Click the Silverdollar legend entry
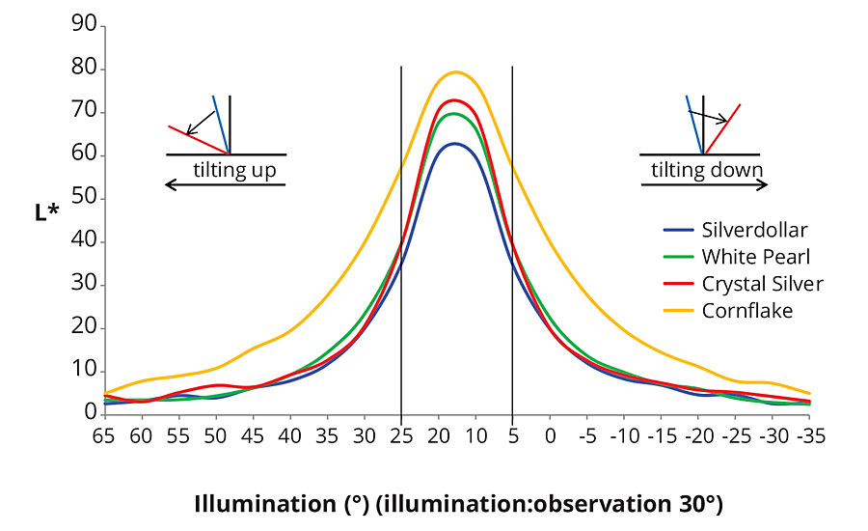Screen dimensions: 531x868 pyautogui.click(x=754, y=230)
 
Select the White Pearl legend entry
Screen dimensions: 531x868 pyautogui.click(x=754, y=257)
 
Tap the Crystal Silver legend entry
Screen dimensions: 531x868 pyautogui.click(x=762, y=284)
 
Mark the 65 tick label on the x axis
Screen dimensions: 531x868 pyautogui.click(x=104, y=436)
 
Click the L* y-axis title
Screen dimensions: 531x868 pyautogui.click(x=46, y=210)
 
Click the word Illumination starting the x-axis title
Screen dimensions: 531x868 pyautogui.click(x=253, y=503)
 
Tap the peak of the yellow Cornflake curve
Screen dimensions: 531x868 pyautogui.click(x=455, y=71)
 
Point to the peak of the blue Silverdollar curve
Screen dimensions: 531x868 pyautogui.click(x=454, y=144)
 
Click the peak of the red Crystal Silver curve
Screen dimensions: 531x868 pyautogui.click(x=454, y=100)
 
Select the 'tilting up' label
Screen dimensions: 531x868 pyautogui.click(x=234, y=171)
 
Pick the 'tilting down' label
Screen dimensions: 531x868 pyautogui.click(x=707, y=171)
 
